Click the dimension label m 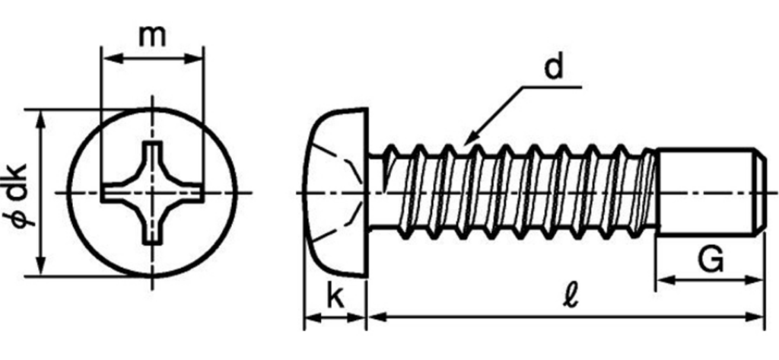[x=152, y=35]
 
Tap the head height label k [x=335, y=297]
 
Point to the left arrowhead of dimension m [x=107, y=58]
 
